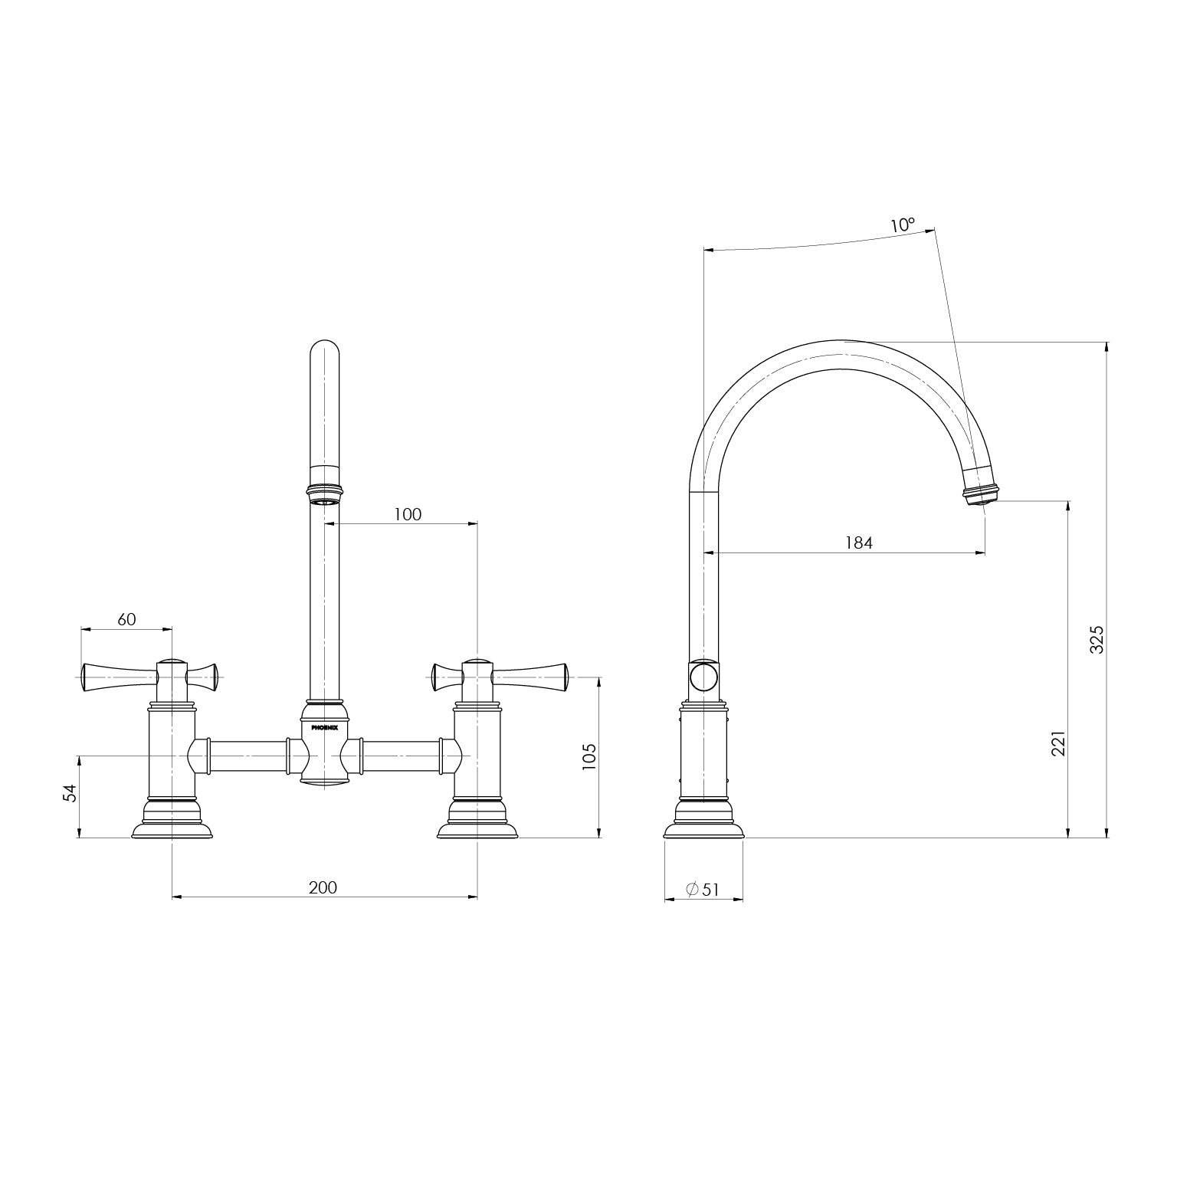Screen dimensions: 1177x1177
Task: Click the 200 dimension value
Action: [x=323, y=887]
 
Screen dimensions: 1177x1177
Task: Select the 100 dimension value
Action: [x=408, y=514]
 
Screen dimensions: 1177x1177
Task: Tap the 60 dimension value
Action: [x=126, y=619]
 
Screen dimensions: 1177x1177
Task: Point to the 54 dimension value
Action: [x=70, y=792]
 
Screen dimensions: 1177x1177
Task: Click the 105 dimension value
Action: [x=588, y=756]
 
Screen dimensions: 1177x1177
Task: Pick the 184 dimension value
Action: [x=858, y=543]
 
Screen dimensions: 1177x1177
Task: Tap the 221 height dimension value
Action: [x=1057, y=743]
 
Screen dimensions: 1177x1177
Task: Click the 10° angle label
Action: [x=903, y=225]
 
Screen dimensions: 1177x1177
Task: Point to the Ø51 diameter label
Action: [x=703, y=890]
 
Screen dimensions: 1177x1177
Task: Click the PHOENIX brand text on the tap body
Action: [x=324, y=727]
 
